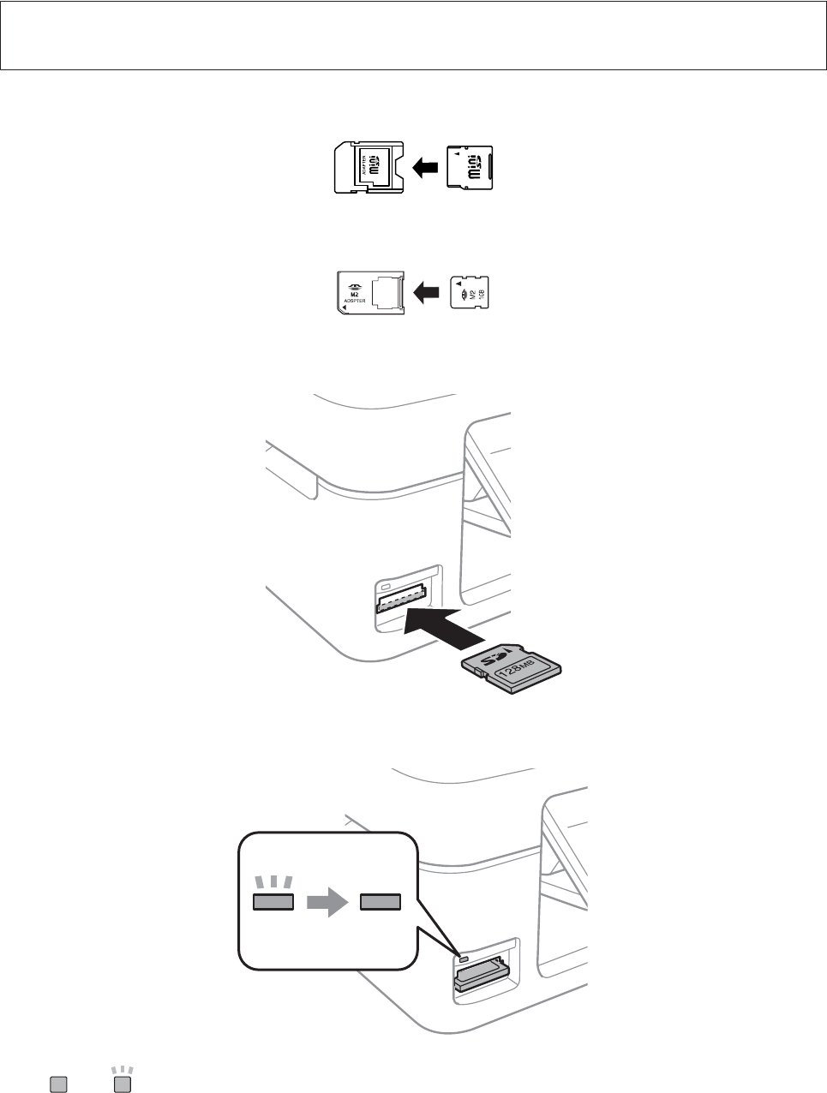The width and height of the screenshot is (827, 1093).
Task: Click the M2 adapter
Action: coord(369,293)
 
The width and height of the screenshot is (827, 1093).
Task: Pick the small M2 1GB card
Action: coord(470,293)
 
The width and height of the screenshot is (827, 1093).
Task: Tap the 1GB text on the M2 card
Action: coord(480,293)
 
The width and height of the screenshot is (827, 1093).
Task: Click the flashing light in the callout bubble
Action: coord(273,900)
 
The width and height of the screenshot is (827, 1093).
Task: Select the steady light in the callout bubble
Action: coord(380,900)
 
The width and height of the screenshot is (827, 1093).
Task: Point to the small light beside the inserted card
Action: coord(464,959)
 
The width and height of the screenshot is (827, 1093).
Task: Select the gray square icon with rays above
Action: coord(123,1083)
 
